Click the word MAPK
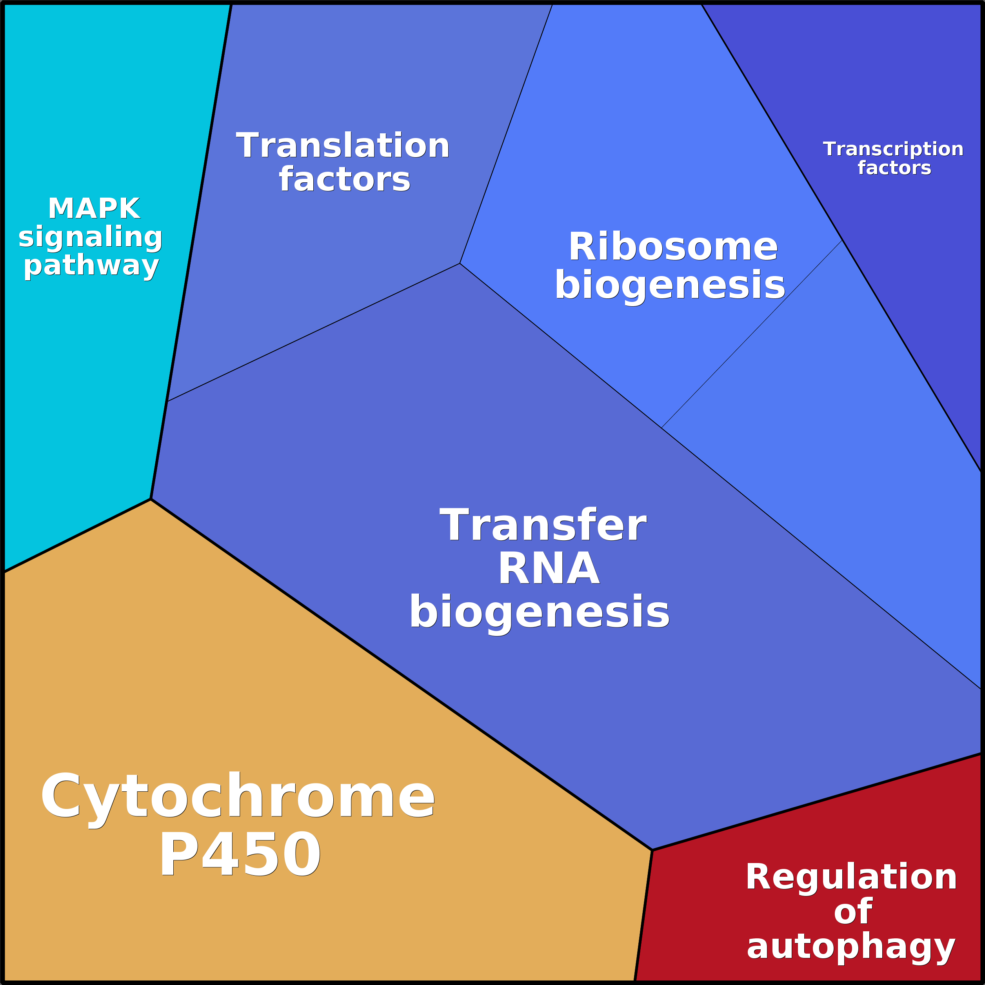95,209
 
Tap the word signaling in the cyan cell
90,237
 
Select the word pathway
91,265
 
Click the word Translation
343,146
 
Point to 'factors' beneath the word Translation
345,180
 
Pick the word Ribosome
673,247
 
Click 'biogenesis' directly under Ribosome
670,285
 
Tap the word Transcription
893,149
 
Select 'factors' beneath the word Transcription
894,168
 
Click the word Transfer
543,526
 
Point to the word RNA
549,569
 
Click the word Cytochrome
238,796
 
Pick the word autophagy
851,947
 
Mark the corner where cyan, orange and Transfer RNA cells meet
151,499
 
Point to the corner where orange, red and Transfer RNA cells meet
652,850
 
